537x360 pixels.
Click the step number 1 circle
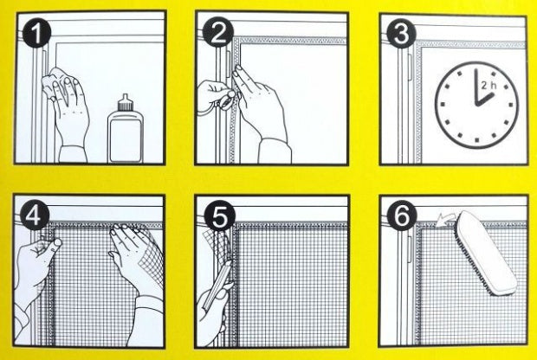tap(36, 33)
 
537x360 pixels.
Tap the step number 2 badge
tap(217, 33)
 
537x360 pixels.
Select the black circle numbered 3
tap(401, 34)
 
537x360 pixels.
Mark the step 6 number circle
tap(402, 215)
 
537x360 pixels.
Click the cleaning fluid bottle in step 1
tap(126, 129)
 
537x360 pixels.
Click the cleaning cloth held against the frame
tap(53, 84)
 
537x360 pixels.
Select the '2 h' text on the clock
tap(488, 85)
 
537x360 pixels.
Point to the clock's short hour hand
tap(484, 99)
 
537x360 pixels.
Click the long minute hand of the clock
tap(476, 87)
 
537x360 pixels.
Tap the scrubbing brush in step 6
tap(486, 253)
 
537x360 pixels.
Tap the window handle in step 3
tap(409, 67)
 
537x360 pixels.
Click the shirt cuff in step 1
tap(73, 154)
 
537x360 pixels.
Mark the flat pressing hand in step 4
tap(135, 254)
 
